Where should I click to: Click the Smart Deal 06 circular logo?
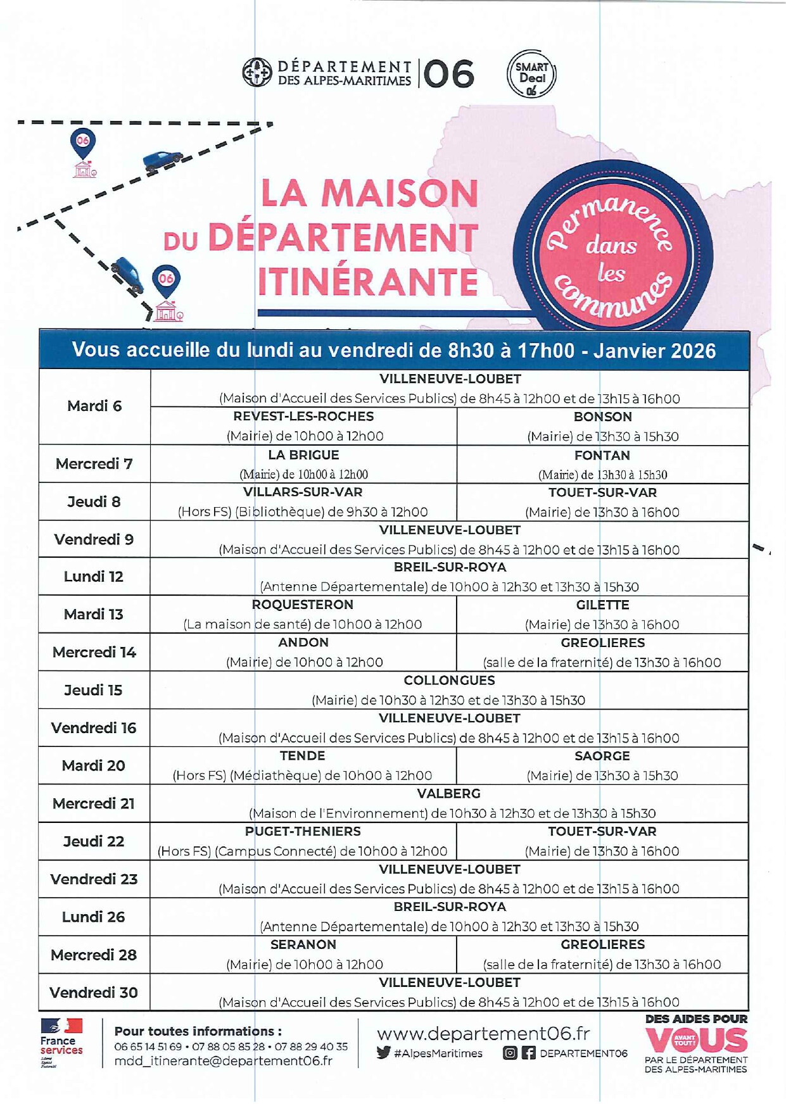pos(531,74)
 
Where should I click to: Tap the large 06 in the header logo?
pos(449,75)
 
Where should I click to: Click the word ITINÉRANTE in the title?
pos(368,282)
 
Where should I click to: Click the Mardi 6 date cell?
pos(94,406)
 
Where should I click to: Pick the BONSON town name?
pos(602,417)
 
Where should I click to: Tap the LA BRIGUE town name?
pos(303,455)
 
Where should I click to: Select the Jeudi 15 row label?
pos(93,690)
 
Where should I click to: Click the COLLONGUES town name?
pos(449,681)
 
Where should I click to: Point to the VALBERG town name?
pos(448,794)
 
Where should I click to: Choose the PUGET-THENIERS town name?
pos(303,831)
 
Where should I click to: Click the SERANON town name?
pos(303,945)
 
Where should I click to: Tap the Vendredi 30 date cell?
pos(94,993)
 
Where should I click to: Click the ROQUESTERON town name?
pos(303,605)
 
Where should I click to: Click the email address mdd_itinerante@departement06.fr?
pos(223,1062)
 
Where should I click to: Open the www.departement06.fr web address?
pos(483,1034)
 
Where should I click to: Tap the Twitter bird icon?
pos(383,1053)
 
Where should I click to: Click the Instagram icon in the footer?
pos(510,1053)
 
